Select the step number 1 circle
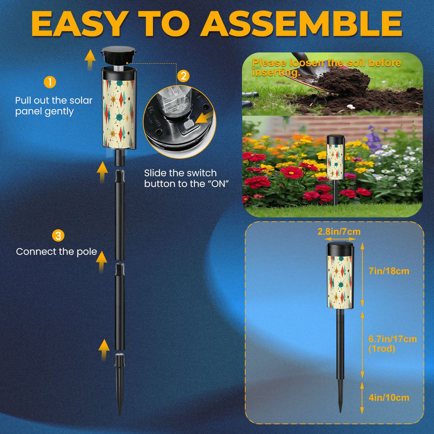50,82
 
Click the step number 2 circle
184,76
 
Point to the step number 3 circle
58,236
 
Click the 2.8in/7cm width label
339,232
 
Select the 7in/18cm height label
389,271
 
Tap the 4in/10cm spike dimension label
389,398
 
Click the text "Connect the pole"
56,252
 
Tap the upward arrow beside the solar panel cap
90,59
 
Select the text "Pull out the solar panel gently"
54,106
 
